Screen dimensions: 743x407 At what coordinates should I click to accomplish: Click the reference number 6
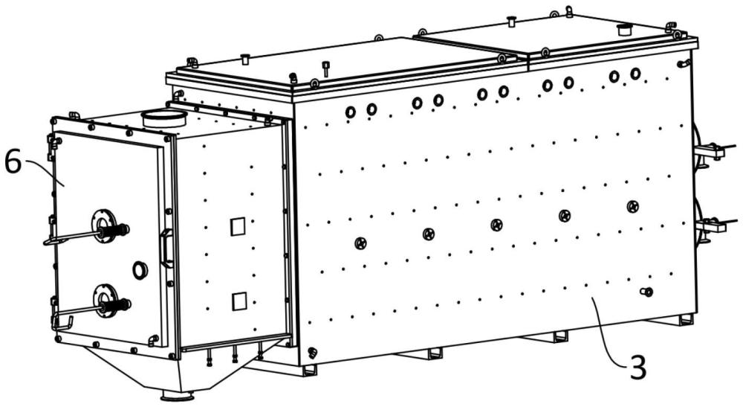coord(13,162)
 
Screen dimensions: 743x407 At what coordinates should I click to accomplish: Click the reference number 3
coord(637,367)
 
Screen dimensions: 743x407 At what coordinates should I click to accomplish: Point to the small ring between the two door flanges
coord(140,270)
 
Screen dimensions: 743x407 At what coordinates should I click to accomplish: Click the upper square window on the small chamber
coord(238,226)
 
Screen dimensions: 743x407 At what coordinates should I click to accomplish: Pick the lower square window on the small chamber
coord(239,301)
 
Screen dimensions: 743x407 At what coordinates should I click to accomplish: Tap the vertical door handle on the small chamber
coord(166,248)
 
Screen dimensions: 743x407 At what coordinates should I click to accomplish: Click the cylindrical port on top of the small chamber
coord(163,118)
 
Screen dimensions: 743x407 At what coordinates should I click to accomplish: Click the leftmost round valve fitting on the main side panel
coord(360,243)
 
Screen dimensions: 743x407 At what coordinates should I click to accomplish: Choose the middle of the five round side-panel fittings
coord(496,225)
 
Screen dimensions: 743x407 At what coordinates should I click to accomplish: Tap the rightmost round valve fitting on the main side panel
coord(632,206)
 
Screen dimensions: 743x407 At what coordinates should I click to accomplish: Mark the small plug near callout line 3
coord(647,292)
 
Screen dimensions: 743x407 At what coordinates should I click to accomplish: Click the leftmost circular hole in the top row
coord(350,112)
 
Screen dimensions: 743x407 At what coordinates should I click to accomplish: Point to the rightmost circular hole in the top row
coord(635,74)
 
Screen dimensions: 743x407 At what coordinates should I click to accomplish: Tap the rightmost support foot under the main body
coord(685,320)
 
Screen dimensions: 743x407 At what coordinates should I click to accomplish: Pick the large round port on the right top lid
coord(626,30)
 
